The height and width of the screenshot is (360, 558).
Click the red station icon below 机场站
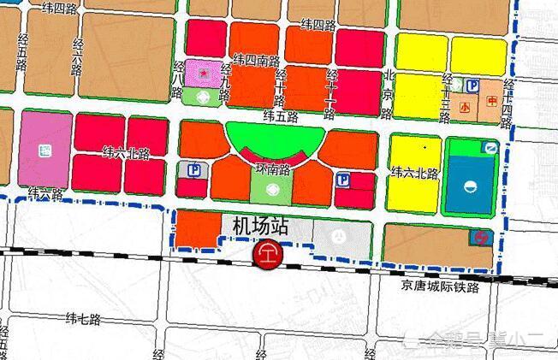(x=268, y=254)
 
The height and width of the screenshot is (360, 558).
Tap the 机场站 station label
(x=259, y=227)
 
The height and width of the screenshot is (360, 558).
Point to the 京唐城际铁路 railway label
(x=440, y=287)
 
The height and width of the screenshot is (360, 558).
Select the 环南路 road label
(x=273, y=169)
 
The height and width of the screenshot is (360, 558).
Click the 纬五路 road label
(x=280, y=115)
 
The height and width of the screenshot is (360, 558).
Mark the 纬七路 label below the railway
(x=83, y=319)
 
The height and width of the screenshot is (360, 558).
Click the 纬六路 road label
(x=45, y=193)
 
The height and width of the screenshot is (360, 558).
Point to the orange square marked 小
(x=465, y=108)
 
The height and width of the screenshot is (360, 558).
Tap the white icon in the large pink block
(x=45, y=151)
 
